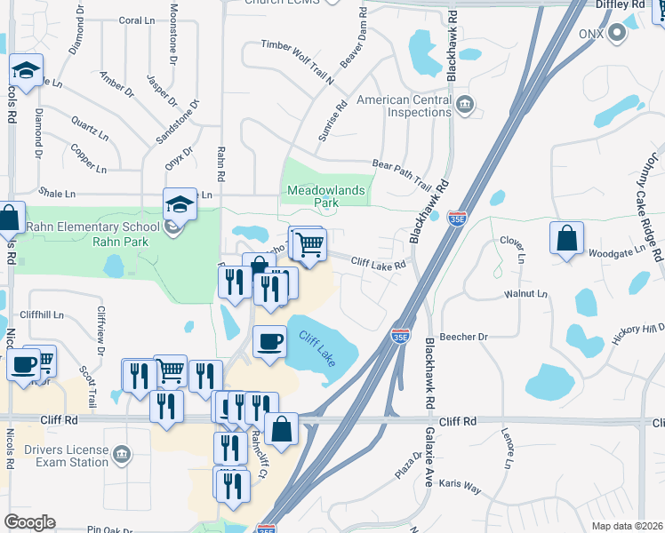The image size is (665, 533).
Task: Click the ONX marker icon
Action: pos(616,34)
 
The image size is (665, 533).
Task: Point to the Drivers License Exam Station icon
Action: pos(123,455)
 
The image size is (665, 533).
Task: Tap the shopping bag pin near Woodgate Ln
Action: pos(566,239)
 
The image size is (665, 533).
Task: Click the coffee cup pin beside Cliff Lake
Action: pos(269,341)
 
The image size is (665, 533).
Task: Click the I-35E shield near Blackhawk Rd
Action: pos(456,219)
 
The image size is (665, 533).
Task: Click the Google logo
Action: pos(29,521)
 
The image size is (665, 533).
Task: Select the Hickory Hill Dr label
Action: pos(638,330)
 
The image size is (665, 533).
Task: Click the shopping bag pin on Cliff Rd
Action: pos(282,429)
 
